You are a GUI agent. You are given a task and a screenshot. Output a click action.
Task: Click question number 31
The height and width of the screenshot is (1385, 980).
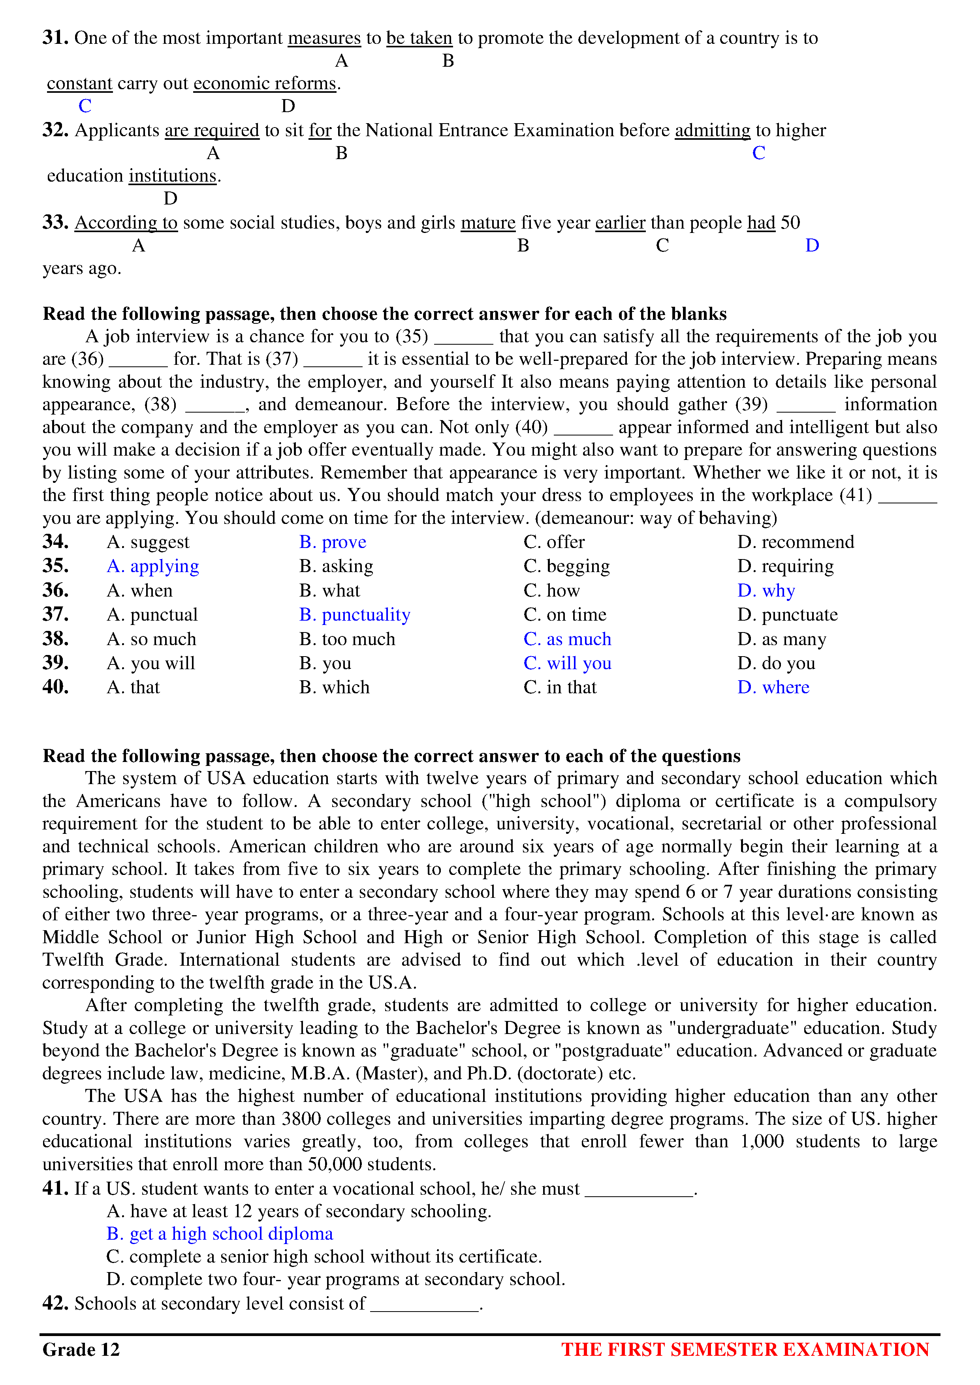pos(55,38)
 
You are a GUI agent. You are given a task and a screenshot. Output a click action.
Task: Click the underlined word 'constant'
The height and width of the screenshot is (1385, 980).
pos(80,83)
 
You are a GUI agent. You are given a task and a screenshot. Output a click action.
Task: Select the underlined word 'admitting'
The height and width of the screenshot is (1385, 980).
pos(712,130)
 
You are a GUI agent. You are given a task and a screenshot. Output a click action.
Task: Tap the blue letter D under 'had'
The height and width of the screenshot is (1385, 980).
pos(812,246)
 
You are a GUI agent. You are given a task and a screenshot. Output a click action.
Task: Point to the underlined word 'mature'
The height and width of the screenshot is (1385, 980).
pos(487,223)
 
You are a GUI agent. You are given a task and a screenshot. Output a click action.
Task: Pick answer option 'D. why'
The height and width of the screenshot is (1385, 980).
pos(766,591)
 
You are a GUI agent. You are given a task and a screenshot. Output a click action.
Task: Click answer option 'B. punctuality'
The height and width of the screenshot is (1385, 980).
pos(354,615)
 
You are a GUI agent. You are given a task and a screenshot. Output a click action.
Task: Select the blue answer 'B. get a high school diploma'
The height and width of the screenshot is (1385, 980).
pos(220,1234)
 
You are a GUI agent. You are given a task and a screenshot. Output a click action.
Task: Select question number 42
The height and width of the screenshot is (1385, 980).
pos(55,1304)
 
